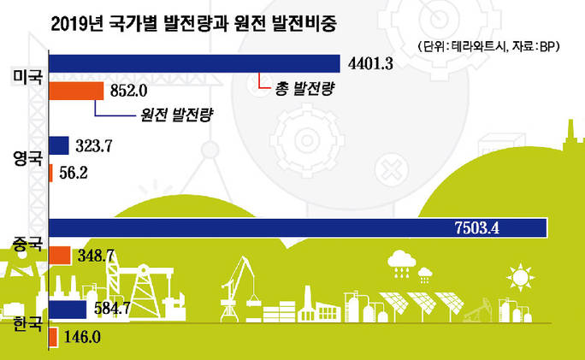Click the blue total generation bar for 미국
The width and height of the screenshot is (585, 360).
point(194,63)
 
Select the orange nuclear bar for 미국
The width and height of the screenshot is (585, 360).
point(76,91)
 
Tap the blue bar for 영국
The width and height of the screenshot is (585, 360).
point(59,145)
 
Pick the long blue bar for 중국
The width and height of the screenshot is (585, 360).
point(298,228)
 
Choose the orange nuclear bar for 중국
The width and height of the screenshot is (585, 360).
point(60,256)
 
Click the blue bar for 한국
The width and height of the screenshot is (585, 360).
point(68,310)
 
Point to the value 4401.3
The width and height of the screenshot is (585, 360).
point(370,64)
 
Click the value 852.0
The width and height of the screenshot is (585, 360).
point(128,91)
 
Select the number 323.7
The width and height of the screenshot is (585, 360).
point(94,145)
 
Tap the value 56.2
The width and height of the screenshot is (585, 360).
point(74,173)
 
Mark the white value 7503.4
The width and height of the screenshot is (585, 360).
point(477,228)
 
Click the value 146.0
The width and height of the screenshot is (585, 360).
point(82,337)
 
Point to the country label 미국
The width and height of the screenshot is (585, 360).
point(28,77)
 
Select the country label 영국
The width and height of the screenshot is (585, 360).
point(28,158)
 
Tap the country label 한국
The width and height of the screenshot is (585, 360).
point(28,323)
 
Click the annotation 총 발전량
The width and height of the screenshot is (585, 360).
point(304,88)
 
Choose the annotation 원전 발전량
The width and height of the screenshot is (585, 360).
point(177,115)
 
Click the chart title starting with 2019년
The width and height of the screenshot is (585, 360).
point(193,24)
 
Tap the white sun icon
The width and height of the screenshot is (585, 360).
point(521,278)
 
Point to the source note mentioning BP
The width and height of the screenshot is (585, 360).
point(489,47)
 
